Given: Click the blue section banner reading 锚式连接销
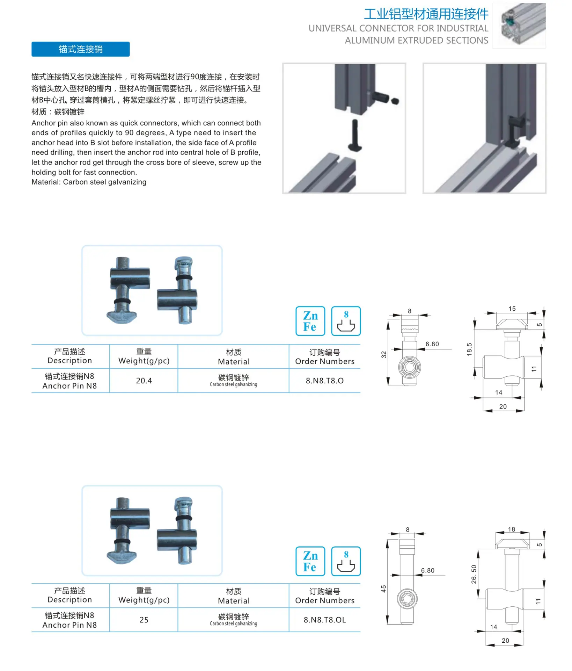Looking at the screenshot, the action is tap(80, 49).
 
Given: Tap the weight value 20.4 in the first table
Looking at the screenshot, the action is tap(144, 381).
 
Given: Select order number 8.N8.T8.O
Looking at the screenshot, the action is tap(325, 381).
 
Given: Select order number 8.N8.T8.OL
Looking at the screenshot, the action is tap(325, 620).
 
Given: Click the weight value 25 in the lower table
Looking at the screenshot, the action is tap(144, 620).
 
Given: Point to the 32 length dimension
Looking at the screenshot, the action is tap(384, 354).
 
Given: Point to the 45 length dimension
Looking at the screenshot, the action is tap(383, 589).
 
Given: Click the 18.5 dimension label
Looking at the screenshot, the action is tap(469, 349).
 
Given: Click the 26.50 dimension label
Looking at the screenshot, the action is tap(474, 574).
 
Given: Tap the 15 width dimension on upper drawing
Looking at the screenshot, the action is tap(512, 309).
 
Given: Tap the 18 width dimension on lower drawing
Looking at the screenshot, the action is tap(512, 529).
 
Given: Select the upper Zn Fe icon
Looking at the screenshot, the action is tap(310, 321).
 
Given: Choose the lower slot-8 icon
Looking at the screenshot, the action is tap(346, 561).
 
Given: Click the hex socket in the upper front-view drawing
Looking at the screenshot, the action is tap(409, 367).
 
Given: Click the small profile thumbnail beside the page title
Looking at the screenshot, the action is tap(519, 26).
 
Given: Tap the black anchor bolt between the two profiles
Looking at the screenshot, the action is tap(355, 135).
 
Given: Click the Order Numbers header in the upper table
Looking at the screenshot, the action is tap(325, 361).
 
